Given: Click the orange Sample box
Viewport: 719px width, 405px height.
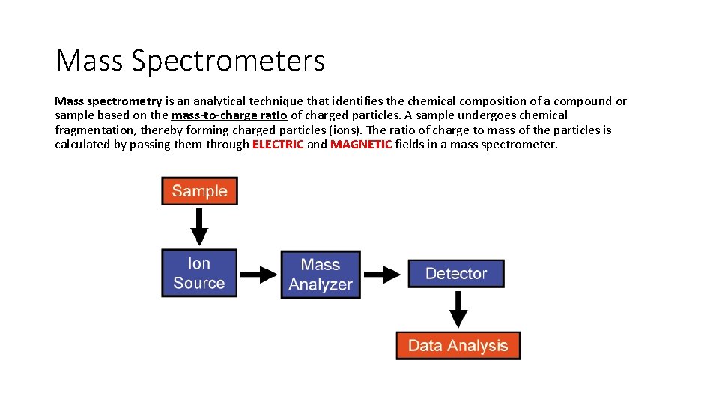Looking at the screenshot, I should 199,190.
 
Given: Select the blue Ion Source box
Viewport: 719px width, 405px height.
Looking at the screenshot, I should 199,273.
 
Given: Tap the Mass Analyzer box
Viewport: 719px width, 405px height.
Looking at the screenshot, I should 321,274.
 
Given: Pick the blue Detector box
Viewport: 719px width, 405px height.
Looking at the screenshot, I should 456,274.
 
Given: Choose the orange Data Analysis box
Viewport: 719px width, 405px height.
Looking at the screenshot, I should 458,346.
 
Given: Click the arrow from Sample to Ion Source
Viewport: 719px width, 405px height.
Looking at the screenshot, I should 199,226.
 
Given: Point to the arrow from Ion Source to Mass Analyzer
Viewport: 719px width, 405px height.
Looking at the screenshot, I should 258,274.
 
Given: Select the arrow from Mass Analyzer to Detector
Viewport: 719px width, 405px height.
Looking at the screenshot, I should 383,274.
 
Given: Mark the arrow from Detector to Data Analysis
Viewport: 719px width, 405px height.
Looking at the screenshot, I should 458,309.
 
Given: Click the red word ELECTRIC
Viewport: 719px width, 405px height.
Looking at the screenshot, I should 278,145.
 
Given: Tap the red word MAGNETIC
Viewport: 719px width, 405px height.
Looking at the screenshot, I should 361,145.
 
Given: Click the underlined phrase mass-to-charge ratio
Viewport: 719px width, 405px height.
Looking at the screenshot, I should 229,115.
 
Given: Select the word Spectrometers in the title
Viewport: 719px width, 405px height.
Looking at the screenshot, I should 228,61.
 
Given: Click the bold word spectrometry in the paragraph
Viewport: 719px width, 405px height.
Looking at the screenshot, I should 125,101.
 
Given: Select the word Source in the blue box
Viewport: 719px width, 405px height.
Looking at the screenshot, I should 199,283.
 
